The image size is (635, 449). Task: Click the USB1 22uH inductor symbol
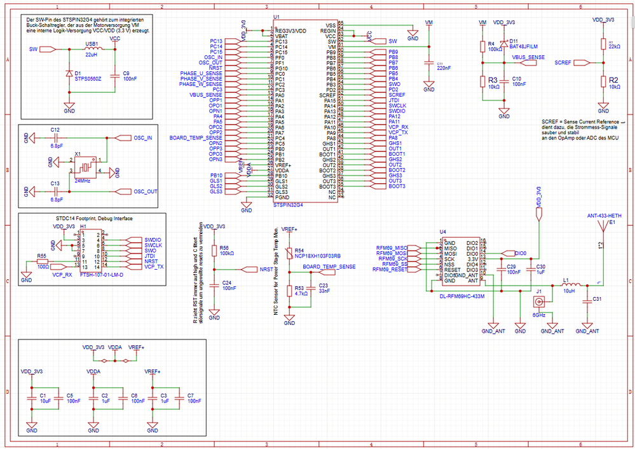tap(92, 48)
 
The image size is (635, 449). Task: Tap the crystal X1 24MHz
tap(84, 167)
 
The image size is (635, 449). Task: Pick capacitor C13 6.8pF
tap(55, 191)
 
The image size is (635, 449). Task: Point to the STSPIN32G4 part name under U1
tap(288, 205)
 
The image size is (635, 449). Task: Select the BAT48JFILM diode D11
tap(503, 45)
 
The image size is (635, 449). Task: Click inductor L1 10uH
tap(570, 284)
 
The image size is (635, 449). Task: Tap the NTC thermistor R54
tap(290, 253)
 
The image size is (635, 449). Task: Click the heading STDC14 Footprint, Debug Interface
tap(85, 218)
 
